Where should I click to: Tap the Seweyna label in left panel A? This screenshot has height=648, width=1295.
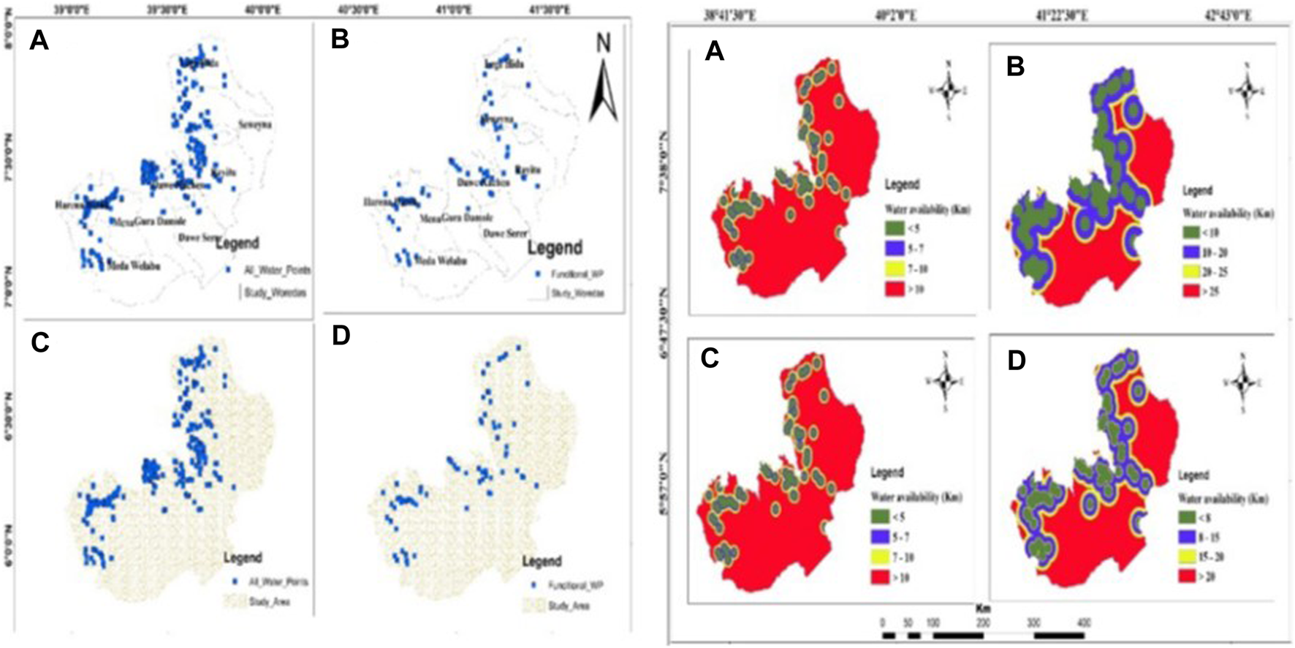click(254, 125)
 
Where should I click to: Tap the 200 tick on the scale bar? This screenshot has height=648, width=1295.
click(984, 623)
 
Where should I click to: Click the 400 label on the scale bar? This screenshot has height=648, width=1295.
click(1084, 623)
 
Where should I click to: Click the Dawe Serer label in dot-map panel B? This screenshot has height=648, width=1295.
click(505, 233)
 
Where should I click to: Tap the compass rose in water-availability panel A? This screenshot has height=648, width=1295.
click(949, 90)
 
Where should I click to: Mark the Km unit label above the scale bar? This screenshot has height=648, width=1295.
click(983, 609)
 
